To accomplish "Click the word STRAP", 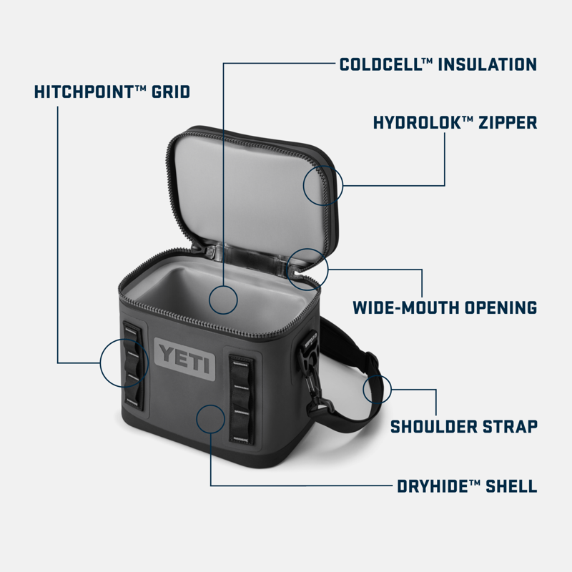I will pyautogui.click(x=513, y=428).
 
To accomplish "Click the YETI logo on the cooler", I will pyautogui.click(x=184, y=355).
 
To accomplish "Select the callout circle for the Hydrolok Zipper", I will pyautogui.click(x=323, y=184).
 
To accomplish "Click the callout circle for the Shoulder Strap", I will pyautogui.click(x=377, y=390).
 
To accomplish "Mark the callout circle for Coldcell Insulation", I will pyautogui.click(x=224, y=300).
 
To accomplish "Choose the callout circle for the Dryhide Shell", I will pyautogui.click(x=211, y=418).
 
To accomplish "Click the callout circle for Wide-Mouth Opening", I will pyautogui.click(x=307, y=270).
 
